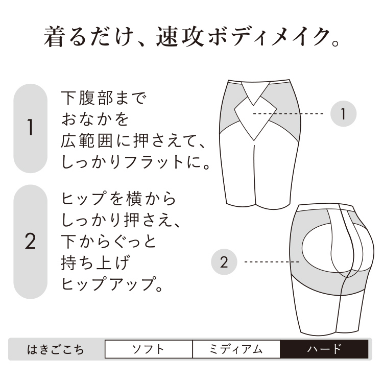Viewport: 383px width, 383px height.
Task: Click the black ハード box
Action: (x=324, y=349)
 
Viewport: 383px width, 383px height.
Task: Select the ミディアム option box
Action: (x=236, y=349)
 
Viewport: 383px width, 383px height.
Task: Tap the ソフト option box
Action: (x=149, y=349)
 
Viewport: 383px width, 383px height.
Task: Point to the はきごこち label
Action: (x=56, y=349)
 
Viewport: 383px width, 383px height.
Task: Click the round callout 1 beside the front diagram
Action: (x=344, y=114)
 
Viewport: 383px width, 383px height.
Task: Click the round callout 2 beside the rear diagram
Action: (x=224, y=262)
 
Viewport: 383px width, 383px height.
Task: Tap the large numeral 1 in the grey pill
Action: (x=30, y=127)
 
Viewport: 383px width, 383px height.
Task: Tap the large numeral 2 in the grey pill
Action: (x=30, y=241)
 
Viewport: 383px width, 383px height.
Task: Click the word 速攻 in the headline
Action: (x=180, y=37)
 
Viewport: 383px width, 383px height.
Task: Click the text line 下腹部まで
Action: (x=104, y=98)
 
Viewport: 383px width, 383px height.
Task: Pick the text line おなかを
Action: (x=95, y=119)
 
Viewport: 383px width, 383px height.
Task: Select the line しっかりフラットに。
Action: (x=135, y=162)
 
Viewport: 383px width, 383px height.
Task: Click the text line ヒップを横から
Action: (x=118, y=199)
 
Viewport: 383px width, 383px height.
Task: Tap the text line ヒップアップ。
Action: (x=112, y=284)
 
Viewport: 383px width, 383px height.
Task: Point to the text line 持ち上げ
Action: (x=95, y=263)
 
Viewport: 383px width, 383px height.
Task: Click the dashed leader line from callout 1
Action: (x=288, y=114)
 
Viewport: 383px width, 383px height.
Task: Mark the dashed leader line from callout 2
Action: (x=272, y=262)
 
